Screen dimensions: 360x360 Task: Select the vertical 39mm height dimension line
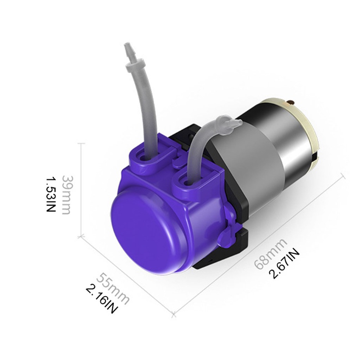click(x=81, y=189)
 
